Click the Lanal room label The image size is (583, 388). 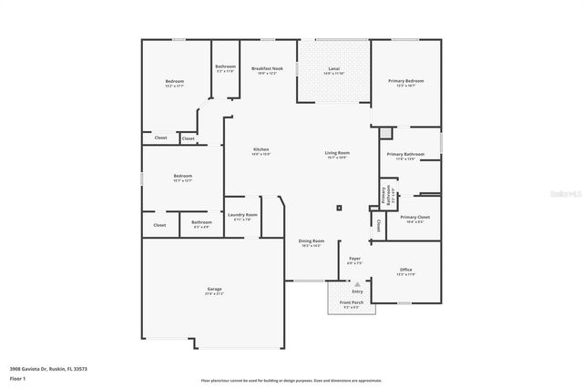tap(332, 69)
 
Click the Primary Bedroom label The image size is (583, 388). tap(405, 81)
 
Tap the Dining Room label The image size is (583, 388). tap(312, 241)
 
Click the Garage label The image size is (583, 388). tap(214, 291)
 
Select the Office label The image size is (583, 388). tap(406, 270)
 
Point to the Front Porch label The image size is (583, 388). tap(351, 302)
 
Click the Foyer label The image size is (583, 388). tap(354, 259)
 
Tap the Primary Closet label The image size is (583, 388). tap(414, 218)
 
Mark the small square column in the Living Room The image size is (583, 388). tap(339, 208)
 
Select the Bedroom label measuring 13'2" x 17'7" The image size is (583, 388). tap(175, 83)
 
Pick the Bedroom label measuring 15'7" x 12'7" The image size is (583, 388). tap(182, 178)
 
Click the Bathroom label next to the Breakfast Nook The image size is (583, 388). tap(225, 67)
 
